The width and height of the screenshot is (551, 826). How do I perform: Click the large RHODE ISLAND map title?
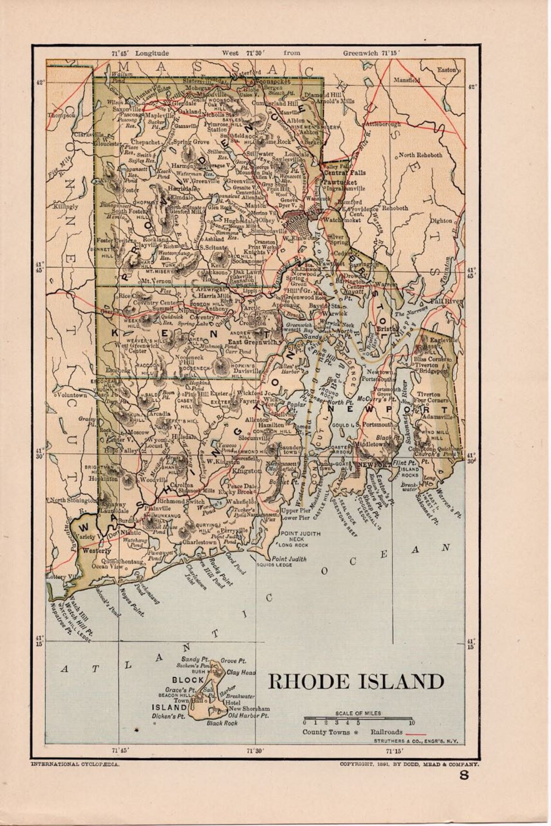[356, 682]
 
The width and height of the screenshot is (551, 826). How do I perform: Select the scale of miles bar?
[358, 719]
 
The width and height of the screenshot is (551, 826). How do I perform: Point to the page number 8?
[464, 790]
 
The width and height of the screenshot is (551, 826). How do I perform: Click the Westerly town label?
[97, 551]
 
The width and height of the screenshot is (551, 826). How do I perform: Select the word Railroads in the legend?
[386, 732]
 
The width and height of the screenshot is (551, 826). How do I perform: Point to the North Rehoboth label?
[420, 155]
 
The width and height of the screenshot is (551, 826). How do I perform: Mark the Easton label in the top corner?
[446, 70]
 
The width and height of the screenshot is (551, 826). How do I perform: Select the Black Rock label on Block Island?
[222, 723]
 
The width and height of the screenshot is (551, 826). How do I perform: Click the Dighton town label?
[440, 221]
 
